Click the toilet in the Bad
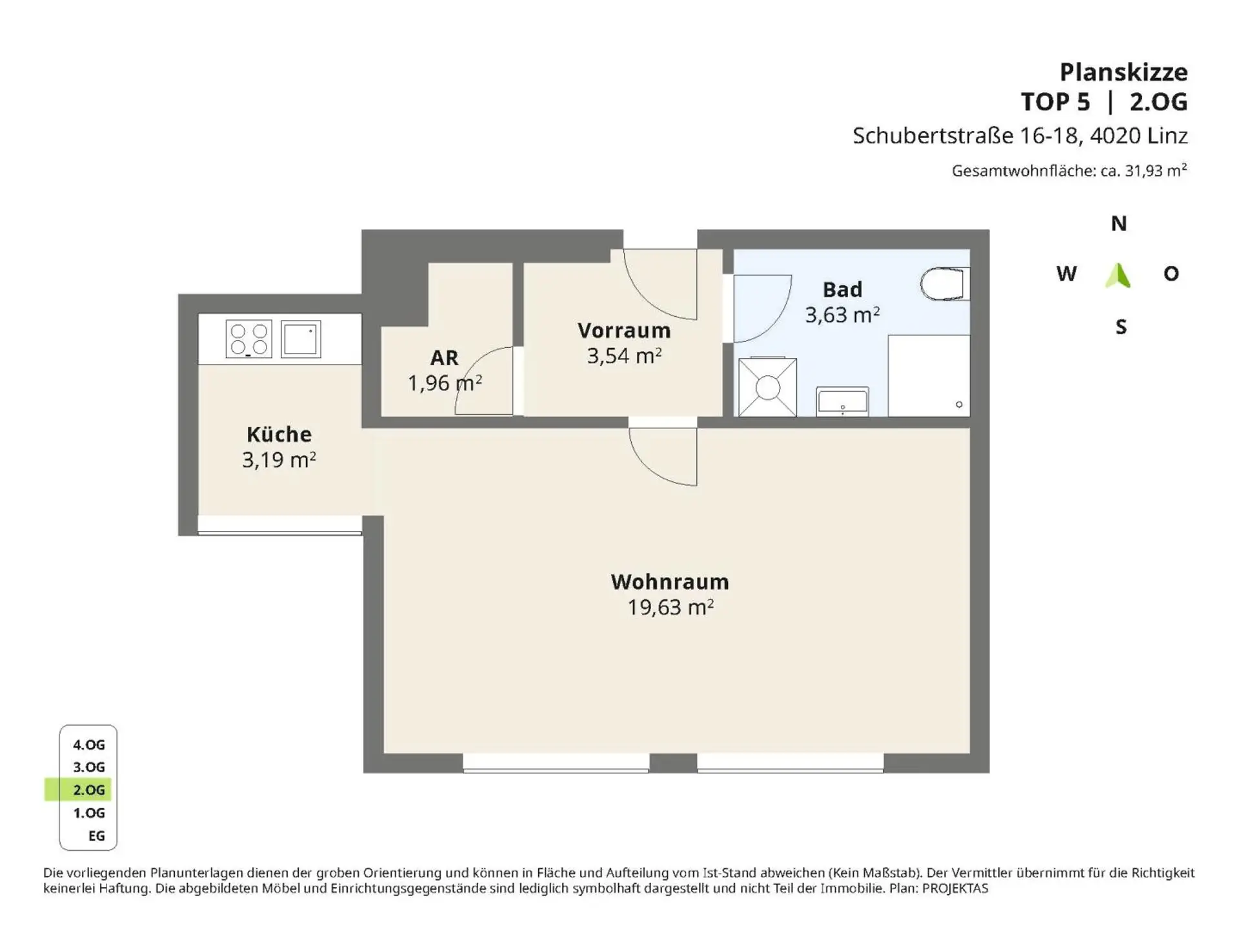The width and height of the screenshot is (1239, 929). tap(945, 284)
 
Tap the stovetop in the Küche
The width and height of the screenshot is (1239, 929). tap(249, 339)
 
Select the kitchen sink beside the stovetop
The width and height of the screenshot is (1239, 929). tap(301, 339)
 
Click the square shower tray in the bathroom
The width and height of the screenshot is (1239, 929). tap(767, 388)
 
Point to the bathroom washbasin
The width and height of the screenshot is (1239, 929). tap(842, 401)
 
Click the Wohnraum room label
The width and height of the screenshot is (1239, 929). tap(670, 582)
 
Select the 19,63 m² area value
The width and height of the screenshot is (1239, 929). tap(670, 607)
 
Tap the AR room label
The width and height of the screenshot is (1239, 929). tap(444, 357)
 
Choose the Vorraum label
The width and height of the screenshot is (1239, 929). tap(624, 330)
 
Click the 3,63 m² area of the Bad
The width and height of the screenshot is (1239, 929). tap(842, 315)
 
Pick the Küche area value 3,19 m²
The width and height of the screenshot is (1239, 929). tap(279, 460)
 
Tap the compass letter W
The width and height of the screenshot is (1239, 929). tap(1066, 274)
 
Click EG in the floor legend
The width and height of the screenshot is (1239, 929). tap(96, 836)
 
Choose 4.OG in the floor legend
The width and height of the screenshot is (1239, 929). tap(88, 744)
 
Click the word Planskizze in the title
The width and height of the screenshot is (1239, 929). tap(1123, 72)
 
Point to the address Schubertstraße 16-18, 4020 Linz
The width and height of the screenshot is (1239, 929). tap(1020, 135)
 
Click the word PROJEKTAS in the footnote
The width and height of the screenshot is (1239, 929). tap(955, 888)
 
